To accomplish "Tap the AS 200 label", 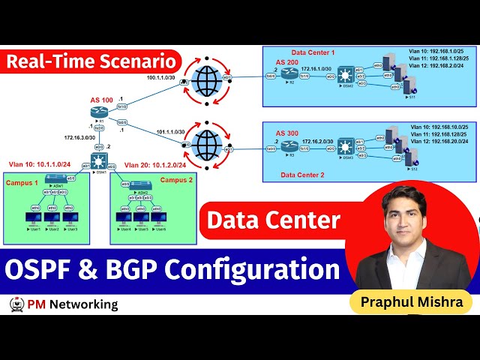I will coord(287,61).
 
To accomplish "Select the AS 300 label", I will coord(287,133).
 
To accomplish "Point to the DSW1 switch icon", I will coord(100,160).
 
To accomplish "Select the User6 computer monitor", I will coord(158,218).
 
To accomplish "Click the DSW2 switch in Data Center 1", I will coord(346,76).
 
